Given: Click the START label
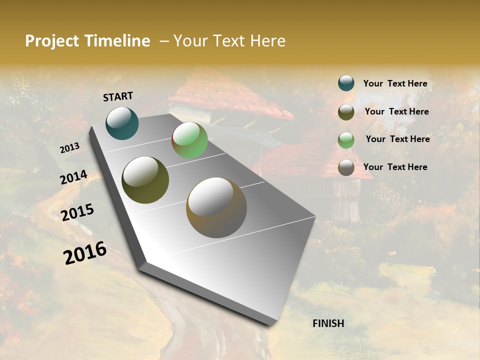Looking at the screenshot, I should [118, 96].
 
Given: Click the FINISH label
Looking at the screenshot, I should [328, 323].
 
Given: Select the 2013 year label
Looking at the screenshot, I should [69, 147].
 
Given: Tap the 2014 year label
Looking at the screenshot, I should [73, 177].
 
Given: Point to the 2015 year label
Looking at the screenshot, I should [77, 212].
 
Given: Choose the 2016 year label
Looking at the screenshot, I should [85, 253].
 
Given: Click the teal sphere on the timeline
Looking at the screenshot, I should [122, 123].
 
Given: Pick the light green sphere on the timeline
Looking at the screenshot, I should [189, 140].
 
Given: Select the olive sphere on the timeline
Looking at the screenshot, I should [145, 180].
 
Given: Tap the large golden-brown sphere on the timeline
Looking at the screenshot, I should [216, 207].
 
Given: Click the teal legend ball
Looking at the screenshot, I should [346, 83].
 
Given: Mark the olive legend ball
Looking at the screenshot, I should [346, 112].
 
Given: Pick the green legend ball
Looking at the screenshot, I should [346, 140].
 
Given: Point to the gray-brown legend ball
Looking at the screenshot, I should [346, 167].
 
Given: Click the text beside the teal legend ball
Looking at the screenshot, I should [395, 83].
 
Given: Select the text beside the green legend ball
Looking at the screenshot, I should [397, 139].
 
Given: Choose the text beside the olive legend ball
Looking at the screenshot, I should [396, 111].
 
